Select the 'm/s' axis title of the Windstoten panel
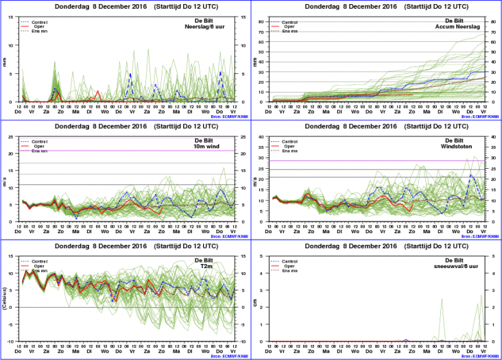255,179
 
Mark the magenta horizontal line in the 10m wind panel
123,151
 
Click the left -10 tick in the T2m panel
14,341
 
